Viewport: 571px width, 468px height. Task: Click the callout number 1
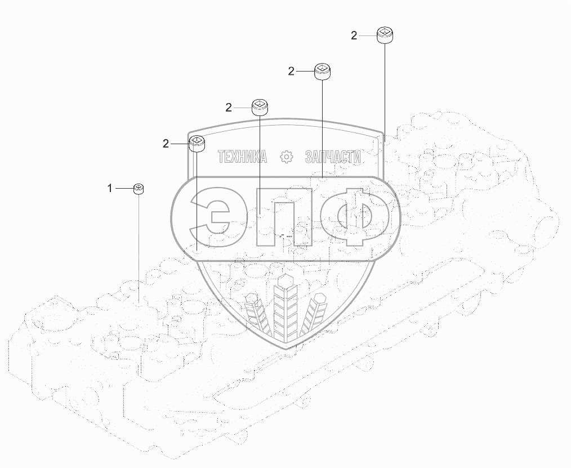pyautogui.click(x=110, y=188)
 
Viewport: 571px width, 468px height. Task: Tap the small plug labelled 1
pyautogui.click(x=139, y=189)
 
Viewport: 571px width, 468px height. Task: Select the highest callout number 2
pyautogui.click(x=354, y=35)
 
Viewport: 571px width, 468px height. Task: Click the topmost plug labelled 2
pyautogui.click(x=385, y=35)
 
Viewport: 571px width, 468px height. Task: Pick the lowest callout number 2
pyautogui.click(x=166, y=144)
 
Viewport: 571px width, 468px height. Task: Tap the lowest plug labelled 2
pyautogui.click(x=196, y=144)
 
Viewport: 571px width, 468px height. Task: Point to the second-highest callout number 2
pyautogui.click(x=291, y=71)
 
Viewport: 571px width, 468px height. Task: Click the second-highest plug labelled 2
pyautogui.click(x=322, y=72)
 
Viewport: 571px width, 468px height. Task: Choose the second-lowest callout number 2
pyautogui.click(x=229, y=108)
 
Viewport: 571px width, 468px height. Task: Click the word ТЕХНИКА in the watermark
pyautogui.click(x=242, y=157)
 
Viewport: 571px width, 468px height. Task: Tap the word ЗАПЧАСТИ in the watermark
pyautogui.click(x=332, y=157)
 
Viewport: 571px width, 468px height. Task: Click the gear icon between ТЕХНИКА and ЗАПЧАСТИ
pyautogui.click(x=287, y=157)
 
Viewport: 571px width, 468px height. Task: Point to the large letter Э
pyautogui.click(x=212, y=217)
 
